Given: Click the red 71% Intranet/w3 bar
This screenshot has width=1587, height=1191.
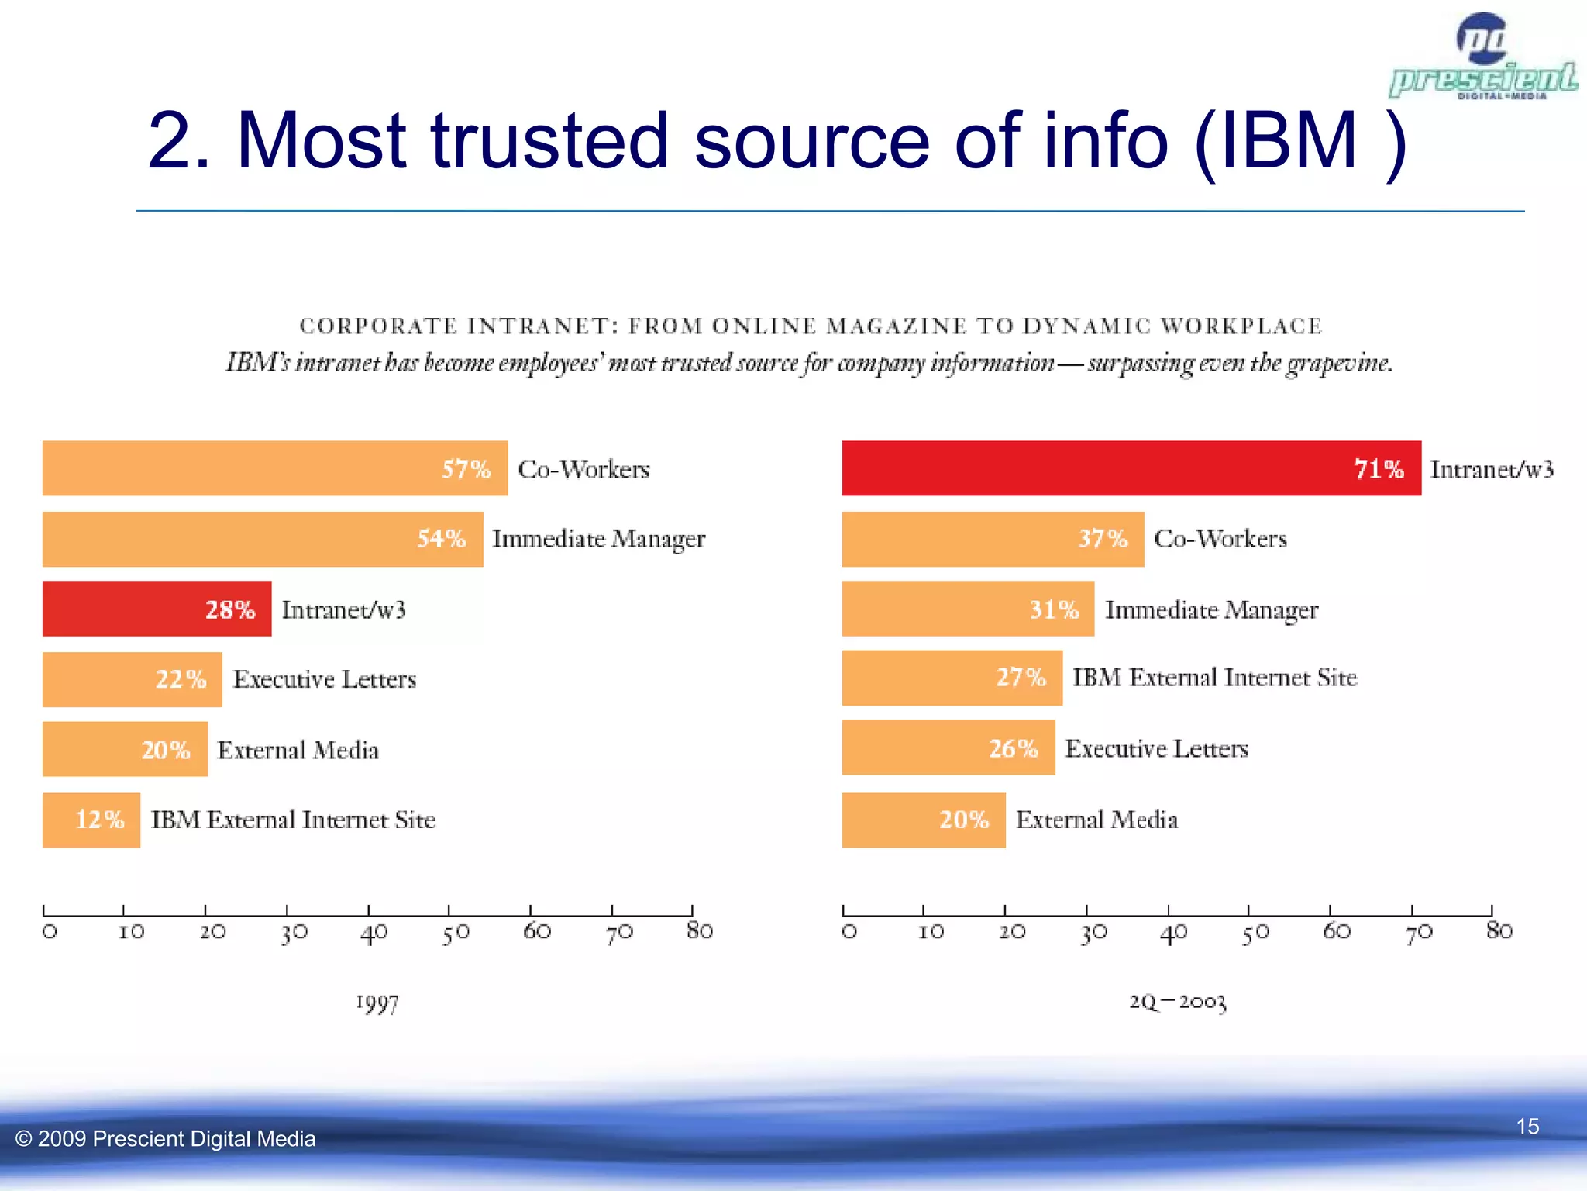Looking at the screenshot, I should click(x=1131, y=468).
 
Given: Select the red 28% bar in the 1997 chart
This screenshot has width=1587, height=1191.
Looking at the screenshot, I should click(x=157, y=609).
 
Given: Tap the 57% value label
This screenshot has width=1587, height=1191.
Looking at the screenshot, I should click(x=466, y=469).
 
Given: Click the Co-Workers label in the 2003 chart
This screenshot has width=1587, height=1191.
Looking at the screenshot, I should click(x=1220, y=538).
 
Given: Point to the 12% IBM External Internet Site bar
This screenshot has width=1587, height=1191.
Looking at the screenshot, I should click(x=91, y=820).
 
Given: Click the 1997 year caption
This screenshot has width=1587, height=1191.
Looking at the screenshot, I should click(x=377, y=1003).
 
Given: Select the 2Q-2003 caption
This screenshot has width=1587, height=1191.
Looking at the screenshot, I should click(x=1177, y=1002).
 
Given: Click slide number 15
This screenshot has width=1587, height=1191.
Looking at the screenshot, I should click(x=1527, y=1126).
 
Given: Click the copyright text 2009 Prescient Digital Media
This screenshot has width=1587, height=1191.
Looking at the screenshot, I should click(x=166, y=1138).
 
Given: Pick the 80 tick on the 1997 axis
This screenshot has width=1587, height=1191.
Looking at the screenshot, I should click(x=699, y=930).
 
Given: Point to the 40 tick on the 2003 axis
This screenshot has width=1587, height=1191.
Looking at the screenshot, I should click(x=1172, y=932).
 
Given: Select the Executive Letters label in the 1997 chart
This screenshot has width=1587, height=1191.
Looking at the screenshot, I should click(x=325, y=679).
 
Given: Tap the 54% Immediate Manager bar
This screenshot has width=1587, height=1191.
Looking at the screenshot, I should click(x=262, y=539).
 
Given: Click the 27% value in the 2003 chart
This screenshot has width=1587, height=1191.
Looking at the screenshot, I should click(x=1021, y=678).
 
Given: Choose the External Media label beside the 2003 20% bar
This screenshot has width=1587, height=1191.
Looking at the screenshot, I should click(x=1096, y=820).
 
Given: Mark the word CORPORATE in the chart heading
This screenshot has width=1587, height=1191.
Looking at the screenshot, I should click(x=378, y=326).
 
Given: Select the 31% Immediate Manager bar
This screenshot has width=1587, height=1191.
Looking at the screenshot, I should click(x=967, y=609).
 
